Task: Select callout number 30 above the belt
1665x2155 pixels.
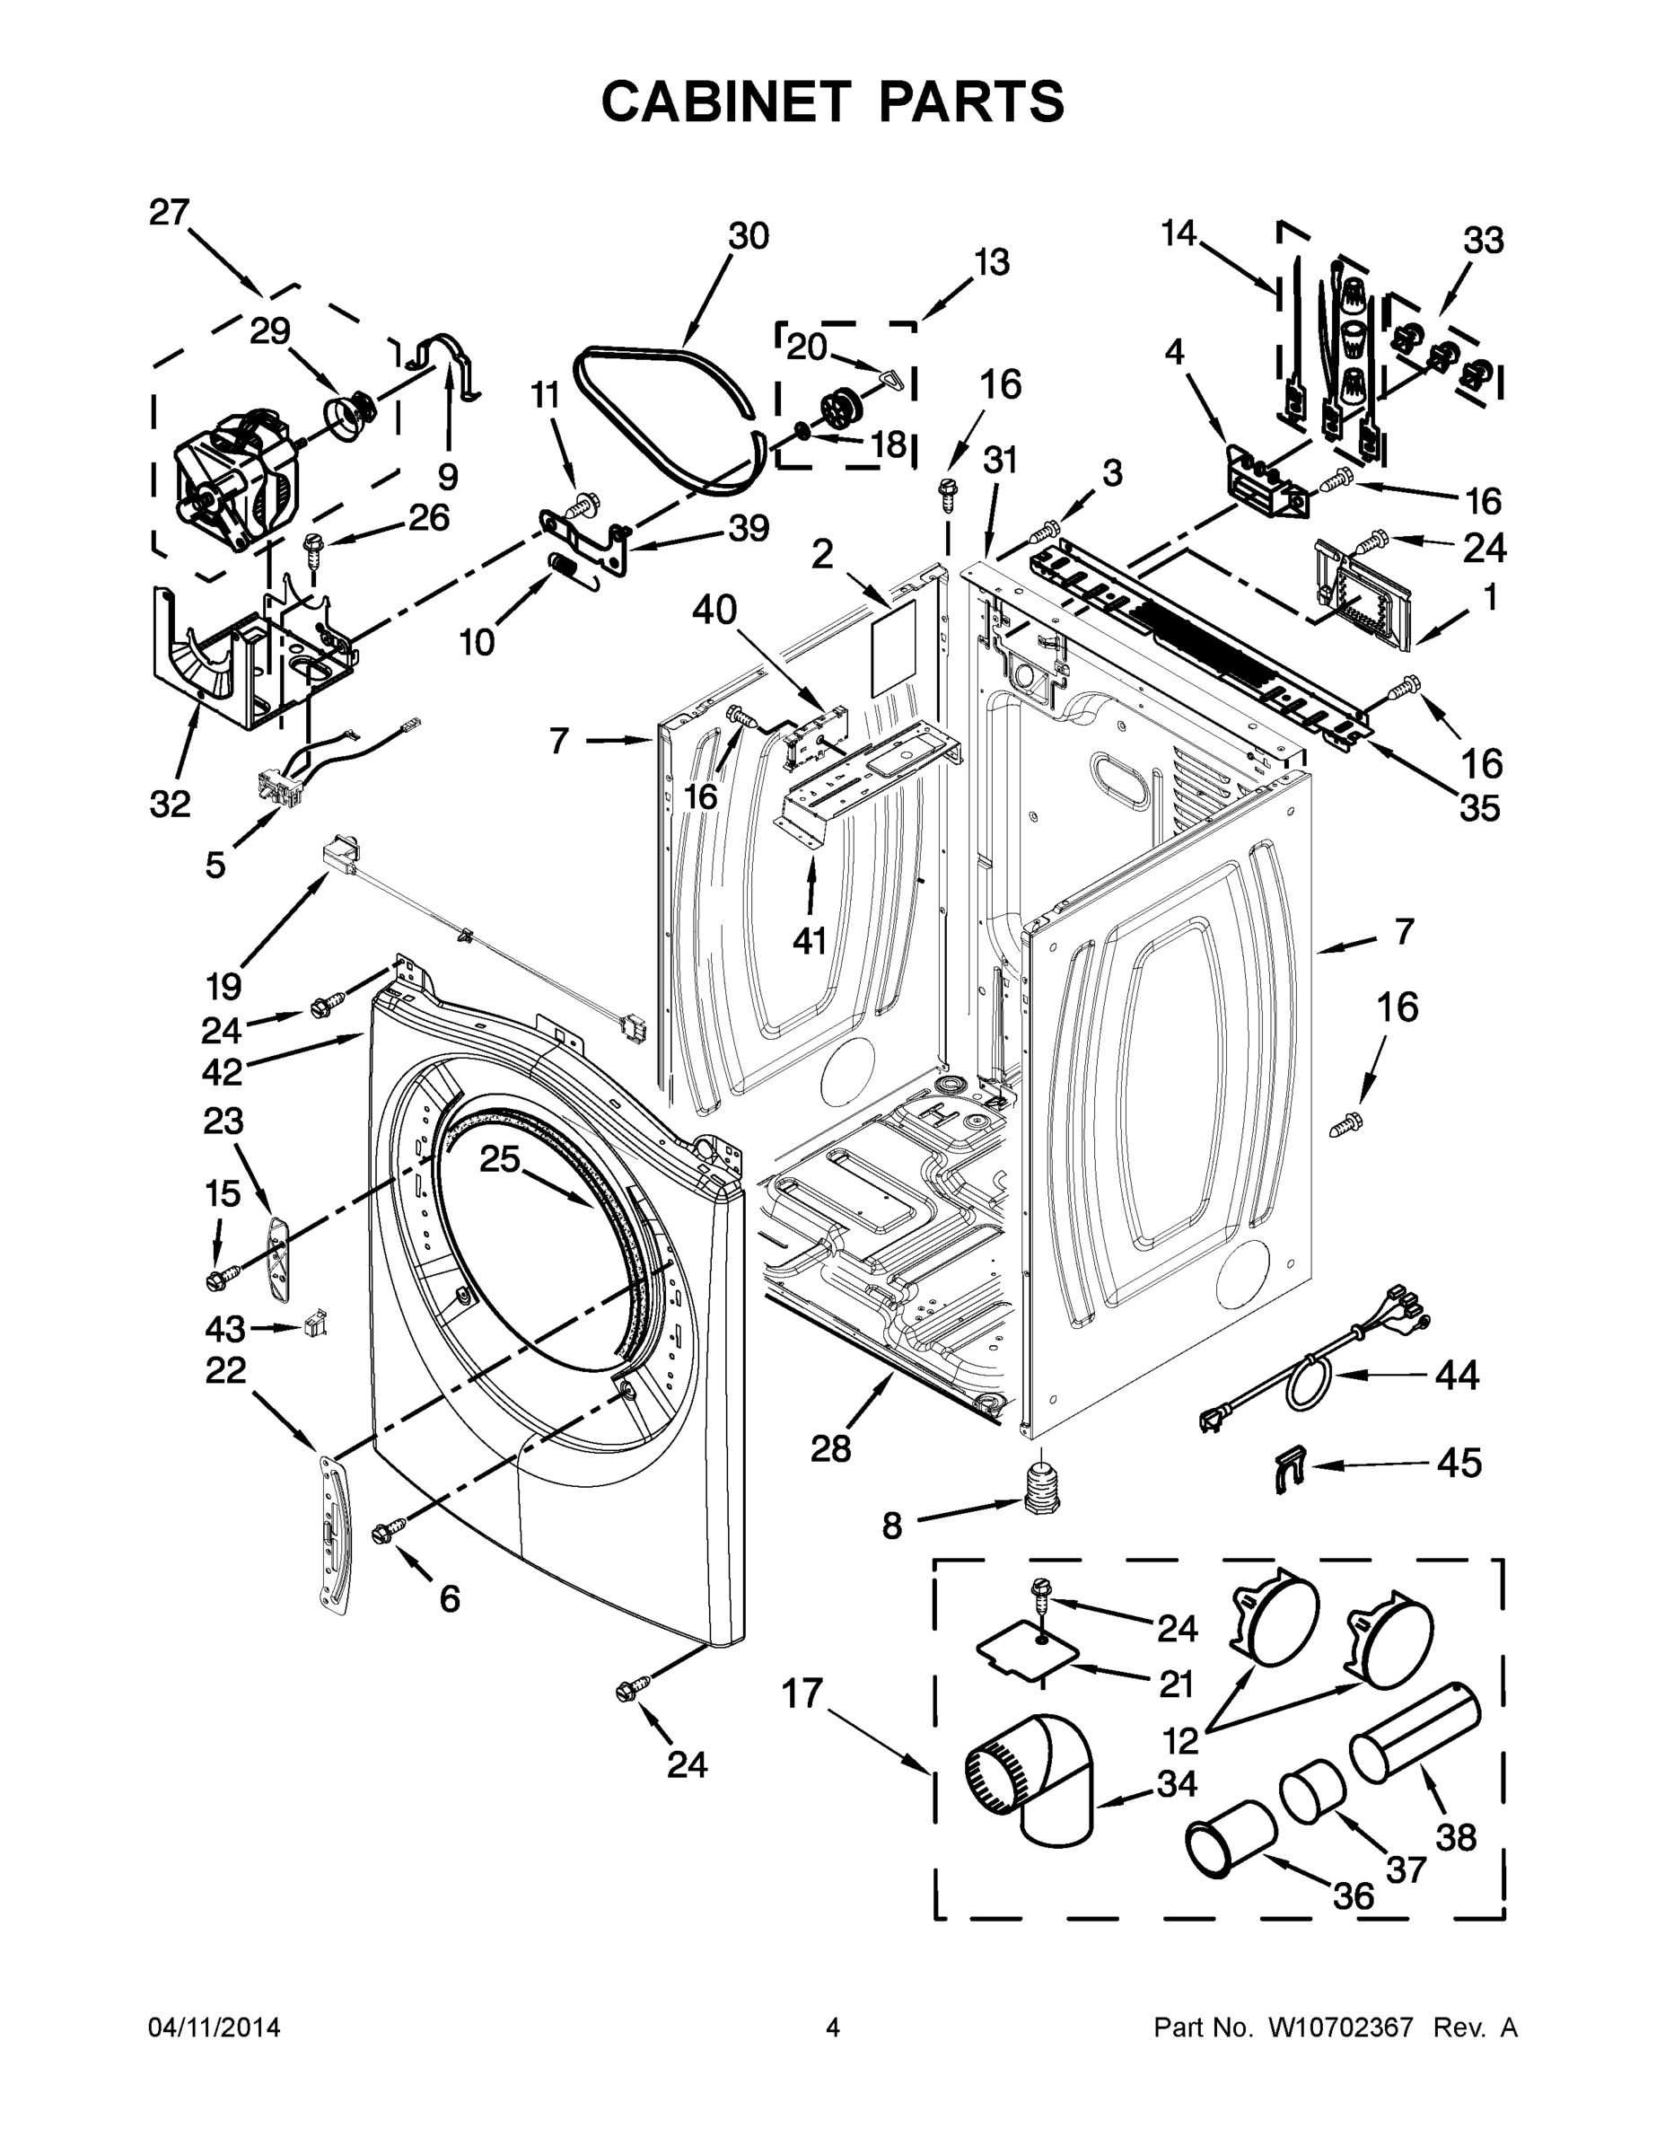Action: pos(748,237)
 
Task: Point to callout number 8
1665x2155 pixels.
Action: pos(890,1527)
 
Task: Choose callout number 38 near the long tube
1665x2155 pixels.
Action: pos(1455,1837)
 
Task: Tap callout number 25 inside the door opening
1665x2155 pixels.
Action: pos(499,1158)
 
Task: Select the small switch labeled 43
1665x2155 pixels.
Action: pos(317,1323)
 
